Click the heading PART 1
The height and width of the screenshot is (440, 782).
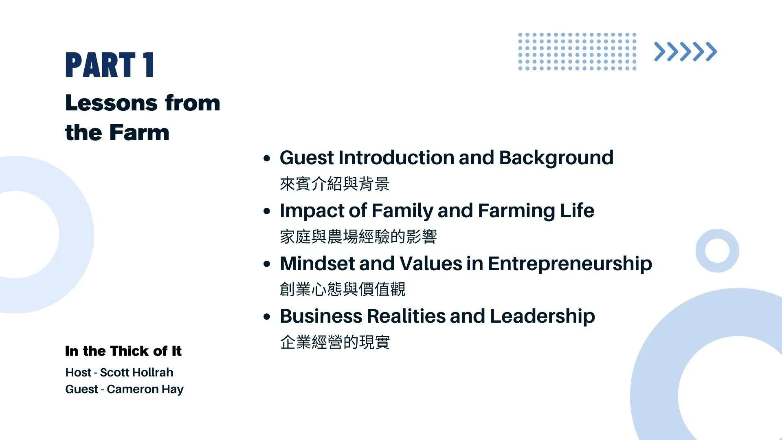point(110,65)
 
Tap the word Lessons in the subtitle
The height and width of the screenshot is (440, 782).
point(111,103)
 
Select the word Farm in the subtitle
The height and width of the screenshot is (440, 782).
point(139,132)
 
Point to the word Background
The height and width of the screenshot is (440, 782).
point(556,158)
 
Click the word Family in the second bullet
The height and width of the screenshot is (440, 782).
point(402,211)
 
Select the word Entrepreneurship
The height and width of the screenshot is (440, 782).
point(570,264)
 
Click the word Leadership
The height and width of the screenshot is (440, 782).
point(543,317)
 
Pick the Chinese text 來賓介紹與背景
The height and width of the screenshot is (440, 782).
point(335,184)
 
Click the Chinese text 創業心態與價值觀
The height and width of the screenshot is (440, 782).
point(343,289)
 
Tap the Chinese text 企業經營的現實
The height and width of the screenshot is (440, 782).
point(335,342)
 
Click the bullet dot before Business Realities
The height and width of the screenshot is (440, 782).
point(267,317)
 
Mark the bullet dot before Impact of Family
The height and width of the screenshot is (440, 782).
point(267,211)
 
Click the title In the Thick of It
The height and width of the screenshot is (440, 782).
point(123,351)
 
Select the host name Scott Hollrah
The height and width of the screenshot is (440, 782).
point(136,372)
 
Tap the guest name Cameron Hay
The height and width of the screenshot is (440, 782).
point(145,389)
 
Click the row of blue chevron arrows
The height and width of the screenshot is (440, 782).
point(685,52)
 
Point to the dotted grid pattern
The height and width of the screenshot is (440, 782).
point(577,52)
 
